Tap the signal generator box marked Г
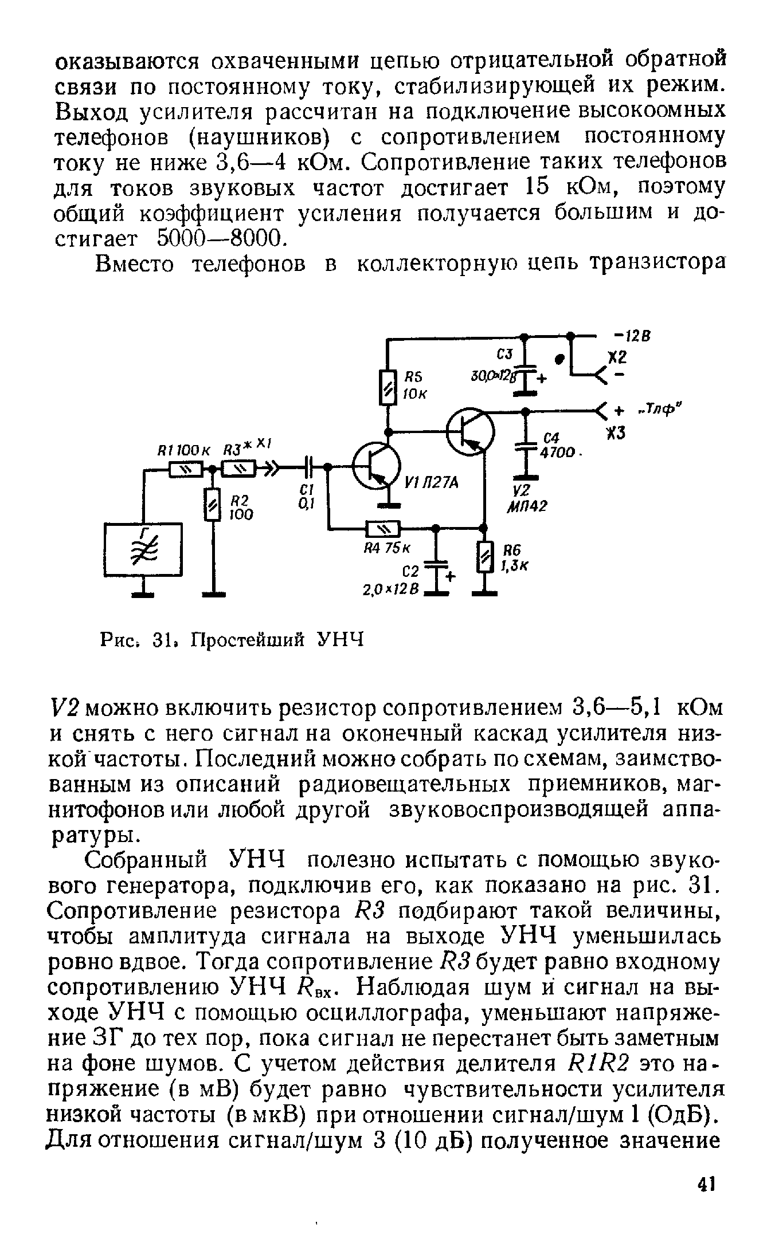coord(143,550)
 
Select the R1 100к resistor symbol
coord(185,469)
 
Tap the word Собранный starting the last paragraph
coord(152,860)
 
